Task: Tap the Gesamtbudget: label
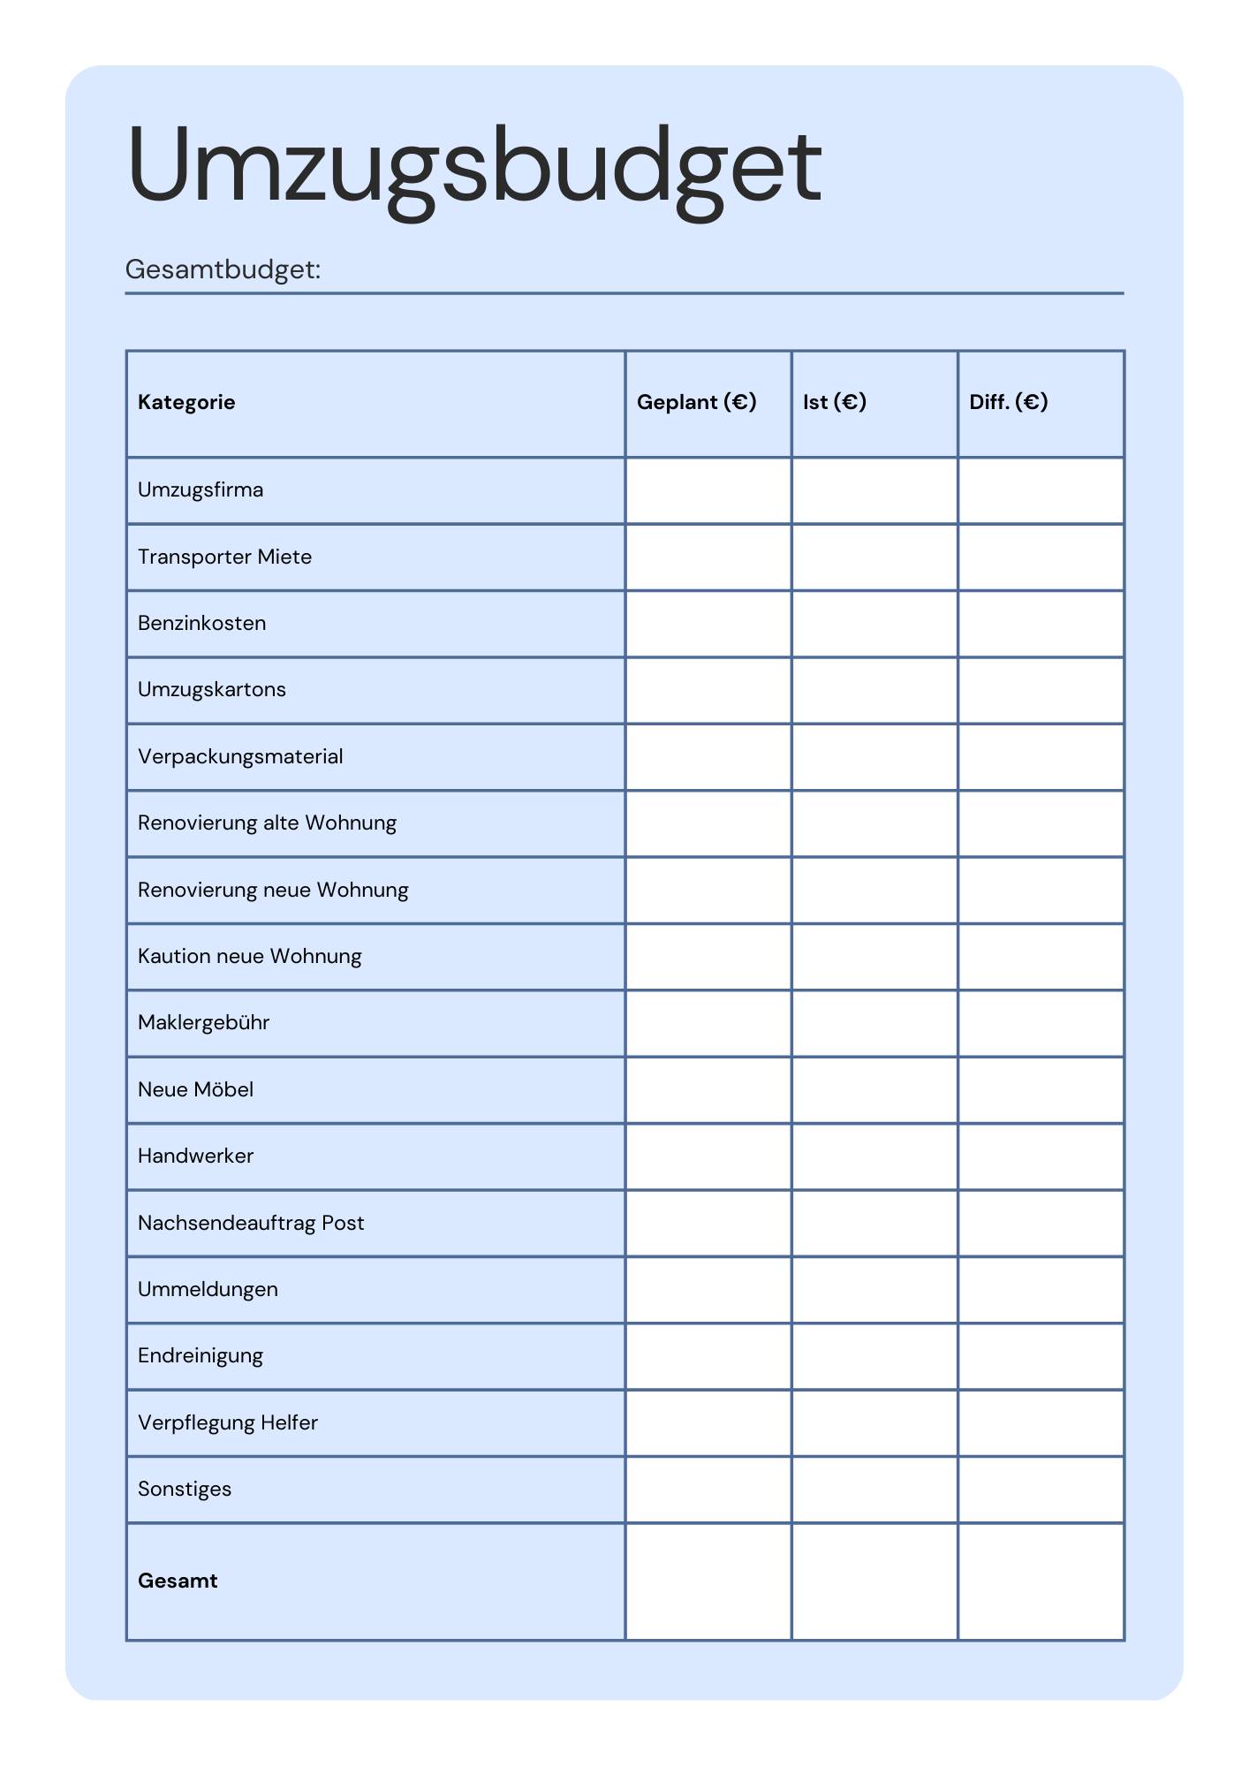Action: [223, 269]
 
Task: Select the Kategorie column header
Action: [186, 403]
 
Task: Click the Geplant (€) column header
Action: [696, 403]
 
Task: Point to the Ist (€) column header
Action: [834, 403]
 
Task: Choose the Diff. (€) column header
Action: [1008, 403]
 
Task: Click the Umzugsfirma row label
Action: [201, 490]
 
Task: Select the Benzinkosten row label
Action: [201, 624]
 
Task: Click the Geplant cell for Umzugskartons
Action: [708, 690]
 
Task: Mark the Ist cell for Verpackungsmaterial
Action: [874, 757]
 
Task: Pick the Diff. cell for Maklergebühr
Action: [1041, 1023]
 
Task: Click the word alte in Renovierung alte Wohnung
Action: [280, 823]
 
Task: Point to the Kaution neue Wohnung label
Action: [249, 957]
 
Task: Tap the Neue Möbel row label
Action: [195, 1090]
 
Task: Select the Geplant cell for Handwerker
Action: [708, 1157]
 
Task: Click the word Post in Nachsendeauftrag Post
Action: [343, 1224]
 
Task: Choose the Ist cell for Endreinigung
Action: [874, 1356]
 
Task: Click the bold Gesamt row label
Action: [178, 1581]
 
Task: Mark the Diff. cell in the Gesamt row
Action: [1041, 1581]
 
